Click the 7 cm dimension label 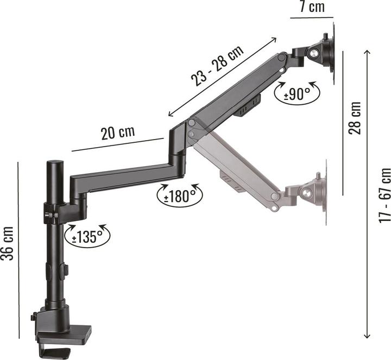point(312,7)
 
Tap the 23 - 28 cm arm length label point(217,66)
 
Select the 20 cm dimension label point(118,132)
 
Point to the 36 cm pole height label point(7,243)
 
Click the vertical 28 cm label point(355,118)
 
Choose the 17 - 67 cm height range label point(384,195)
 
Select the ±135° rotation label point(87,237)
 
